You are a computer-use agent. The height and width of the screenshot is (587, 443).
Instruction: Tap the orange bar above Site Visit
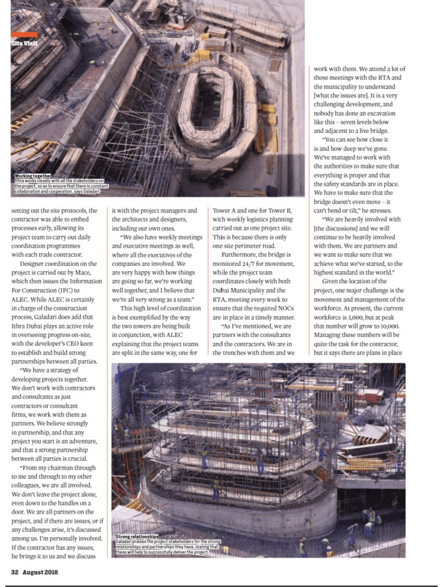coord(24,34)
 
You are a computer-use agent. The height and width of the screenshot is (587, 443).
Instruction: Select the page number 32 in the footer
coord(16,572)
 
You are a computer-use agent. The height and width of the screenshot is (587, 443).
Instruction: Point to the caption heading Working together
coord(33,175)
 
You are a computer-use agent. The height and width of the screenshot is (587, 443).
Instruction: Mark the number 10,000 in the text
coord(391,326)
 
